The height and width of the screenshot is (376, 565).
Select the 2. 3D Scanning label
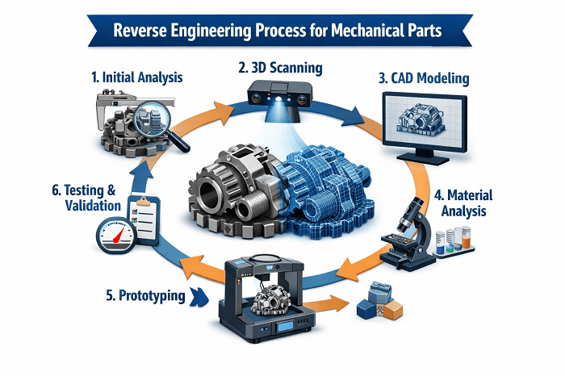click(278, 69)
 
